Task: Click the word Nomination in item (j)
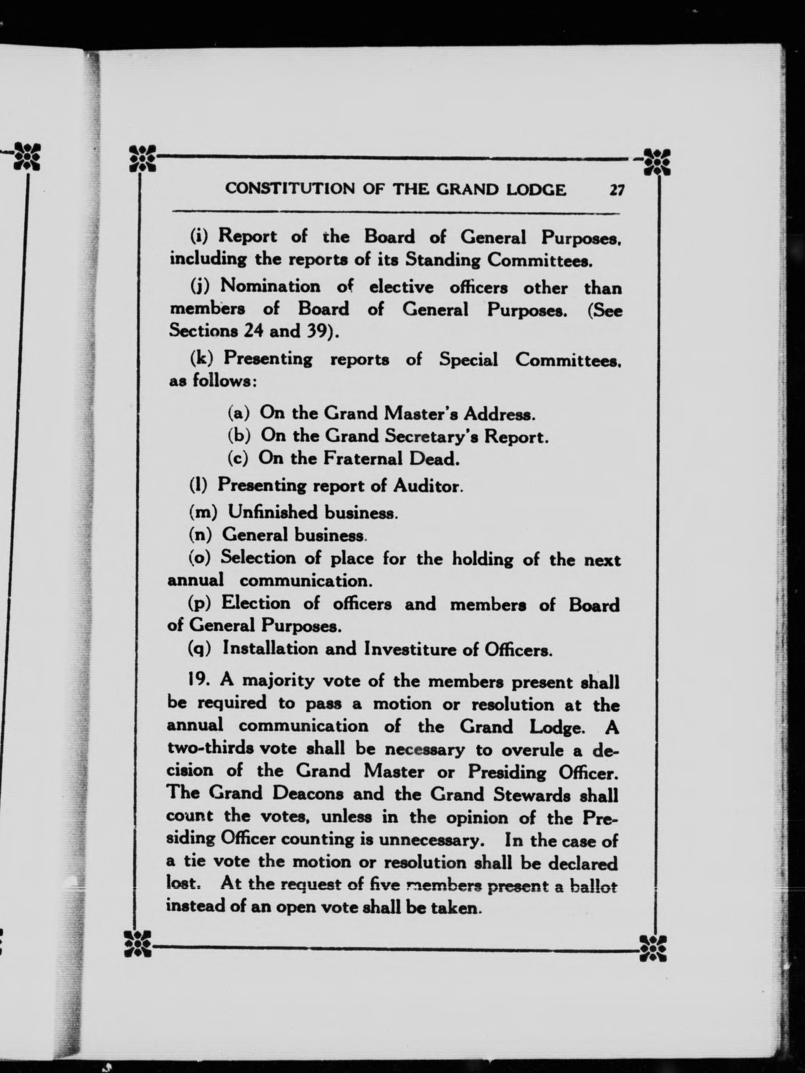(270, 287)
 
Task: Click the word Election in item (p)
(256, 604)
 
